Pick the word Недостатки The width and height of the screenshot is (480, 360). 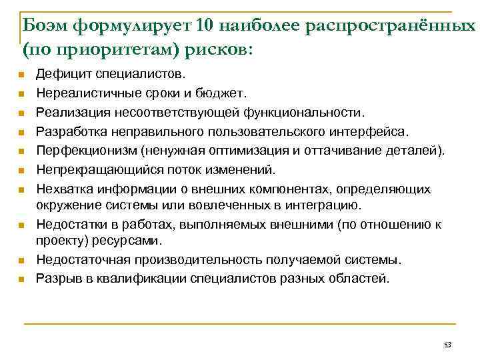[69, 225]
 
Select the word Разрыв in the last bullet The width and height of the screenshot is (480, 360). [57, 277]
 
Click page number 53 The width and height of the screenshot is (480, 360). [447, 345]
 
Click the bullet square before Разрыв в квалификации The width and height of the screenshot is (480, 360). [21, 279]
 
